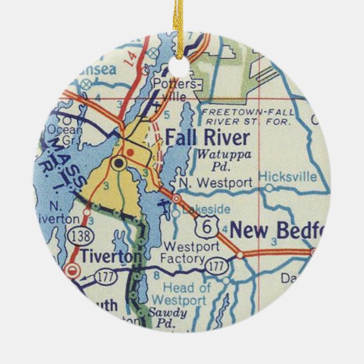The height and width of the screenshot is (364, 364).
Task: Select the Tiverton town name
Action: click(x=110, y=256)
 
